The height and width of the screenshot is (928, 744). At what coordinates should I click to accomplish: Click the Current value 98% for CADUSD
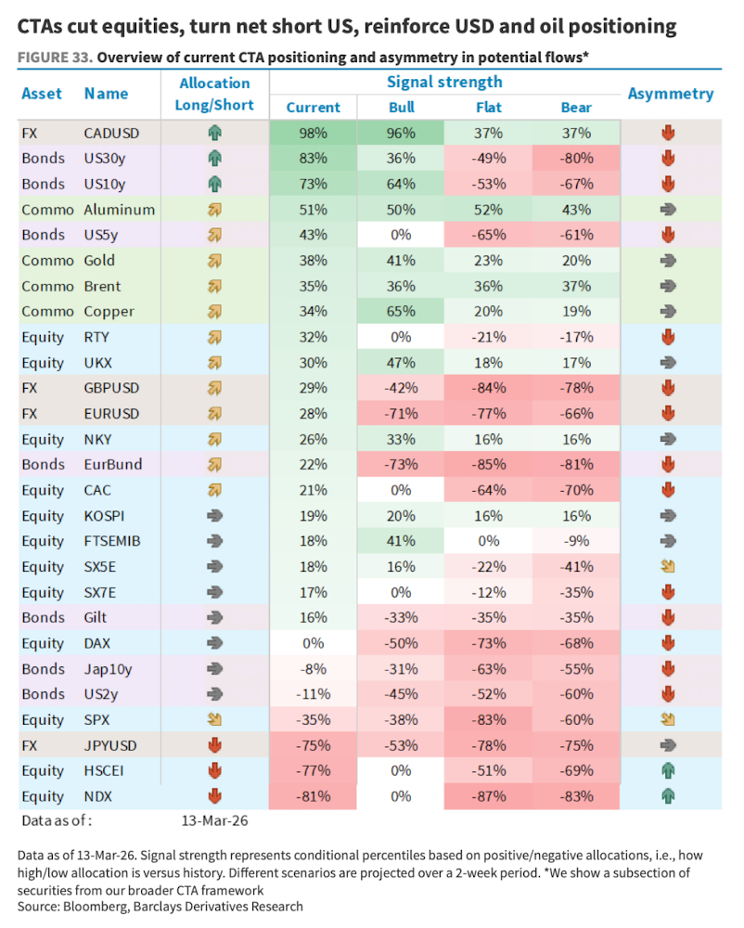(314, 133)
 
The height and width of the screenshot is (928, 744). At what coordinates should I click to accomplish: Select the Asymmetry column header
(671, 94)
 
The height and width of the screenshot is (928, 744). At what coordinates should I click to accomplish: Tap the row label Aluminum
(119, 210)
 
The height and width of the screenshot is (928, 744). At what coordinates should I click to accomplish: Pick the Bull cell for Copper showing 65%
(402, 312)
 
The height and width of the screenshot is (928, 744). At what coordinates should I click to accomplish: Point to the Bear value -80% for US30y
(576, 159)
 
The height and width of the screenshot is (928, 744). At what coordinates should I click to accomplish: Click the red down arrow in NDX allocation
(214, 796)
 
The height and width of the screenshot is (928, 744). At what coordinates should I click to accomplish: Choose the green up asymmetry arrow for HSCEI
(667, 770)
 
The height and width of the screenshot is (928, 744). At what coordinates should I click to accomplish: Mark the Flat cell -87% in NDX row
(489, 796)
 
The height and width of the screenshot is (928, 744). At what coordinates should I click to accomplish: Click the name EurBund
(112, 464)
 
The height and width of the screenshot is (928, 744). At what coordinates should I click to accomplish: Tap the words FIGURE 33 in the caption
(54, 58)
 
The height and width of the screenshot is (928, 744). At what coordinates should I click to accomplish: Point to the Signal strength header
(444, 82)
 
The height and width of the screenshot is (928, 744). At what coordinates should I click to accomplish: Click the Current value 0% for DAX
(314, 643)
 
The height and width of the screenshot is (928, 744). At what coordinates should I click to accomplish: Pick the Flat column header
(489, 107)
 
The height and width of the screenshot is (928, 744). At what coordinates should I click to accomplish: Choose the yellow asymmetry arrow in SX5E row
(667, 566)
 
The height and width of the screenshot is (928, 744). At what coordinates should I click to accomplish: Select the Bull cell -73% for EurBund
(402, 464)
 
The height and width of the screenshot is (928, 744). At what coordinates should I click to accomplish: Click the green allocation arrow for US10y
(214, 184)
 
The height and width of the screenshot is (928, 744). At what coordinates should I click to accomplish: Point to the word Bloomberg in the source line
(97, 906)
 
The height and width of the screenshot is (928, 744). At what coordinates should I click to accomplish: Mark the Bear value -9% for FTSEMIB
(576, 541)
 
